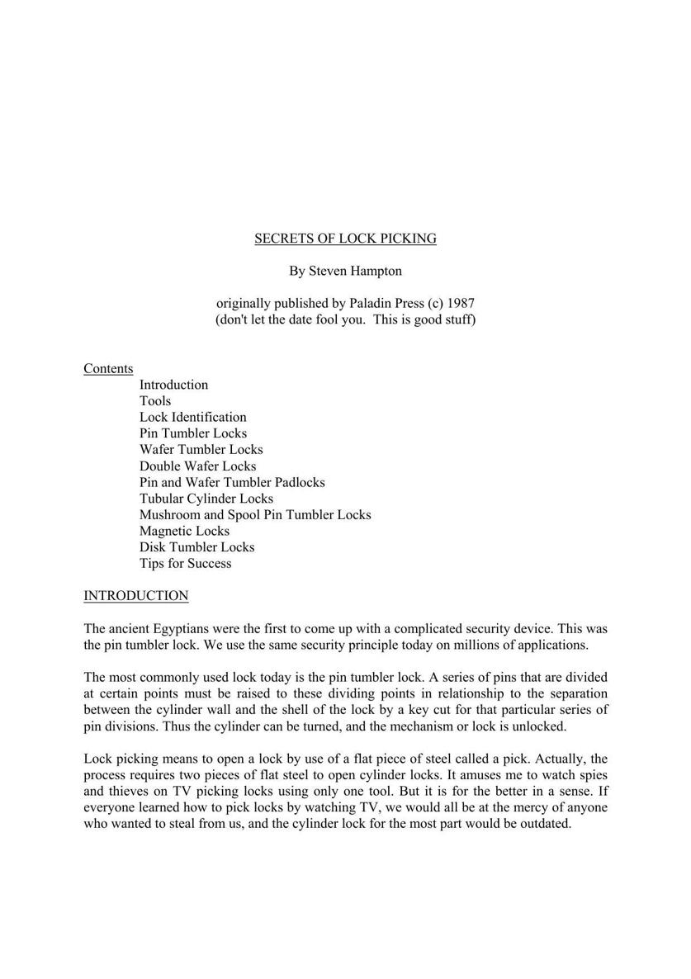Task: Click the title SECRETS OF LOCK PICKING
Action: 345,239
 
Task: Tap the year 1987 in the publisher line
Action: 459,303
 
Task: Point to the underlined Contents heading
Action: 108,369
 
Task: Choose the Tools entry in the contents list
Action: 155,401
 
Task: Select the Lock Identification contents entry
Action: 192,417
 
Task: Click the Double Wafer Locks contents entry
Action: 197,466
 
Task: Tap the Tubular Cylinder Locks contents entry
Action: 206,499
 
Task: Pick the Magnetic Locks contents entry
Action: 184,531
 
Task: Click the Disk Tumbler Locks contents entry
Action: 196,547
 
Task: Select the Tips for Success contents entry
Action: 185,564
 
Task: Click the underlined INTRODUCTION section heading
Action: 135,596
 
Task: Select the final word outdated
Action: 544,823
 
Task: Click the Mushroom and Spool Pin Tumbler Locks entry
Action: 255,515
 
